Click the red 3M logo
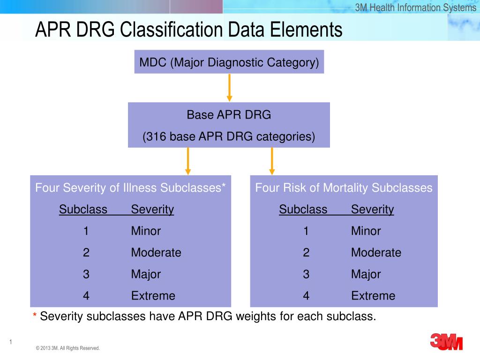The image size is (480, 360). coord(446,342)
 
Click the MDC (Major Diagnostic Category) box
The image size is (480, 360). coord(229,62)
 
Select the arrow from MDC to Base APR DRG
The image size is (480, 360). coord(229,87)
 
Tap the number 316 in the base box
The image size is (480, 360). coord(156,136)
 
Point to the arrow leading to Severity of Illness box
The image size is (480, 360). coord(187,161)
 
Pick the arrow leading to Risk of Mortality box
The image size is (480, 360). coord(272,161)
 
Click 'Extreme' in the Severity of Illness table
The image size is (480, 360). coord(153,296)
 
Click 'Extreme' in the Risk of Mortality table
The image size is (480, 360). coord(373,296)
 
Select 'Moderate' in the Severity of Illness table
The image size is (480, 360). coord(156,253)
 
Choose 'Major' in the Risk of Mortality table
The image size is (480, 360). coord(366,274)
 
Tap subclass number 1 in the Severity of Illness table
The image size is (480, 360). coord(86,231)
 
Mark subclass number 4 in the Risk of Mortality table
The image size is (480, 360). coord(306,296)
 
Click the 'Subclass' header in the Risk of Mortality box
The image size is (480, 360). coord(303,210)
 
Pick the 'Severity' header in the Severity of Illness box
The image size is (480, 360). coord(152,210)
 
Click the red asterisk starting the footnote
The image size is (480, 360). coord(35,317)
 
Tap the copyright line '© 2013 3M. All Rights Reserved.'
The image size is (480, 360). coord(67,348)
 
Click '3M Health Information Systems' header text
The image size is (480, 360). coord(415,7)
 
